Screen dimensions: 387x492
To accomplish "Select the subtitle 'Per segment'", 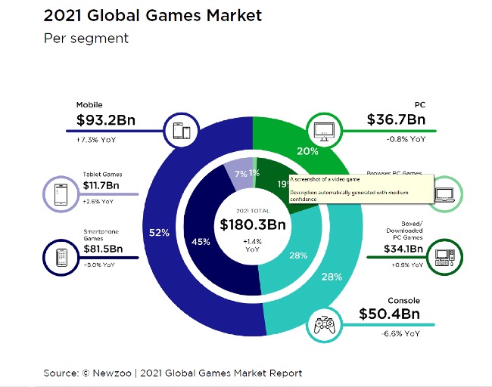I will point(86,39).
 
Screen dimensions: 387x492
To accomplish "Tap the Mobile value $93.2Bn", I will point(111,119).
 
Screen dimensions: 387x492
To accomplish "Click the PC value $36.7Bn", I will point(396,119).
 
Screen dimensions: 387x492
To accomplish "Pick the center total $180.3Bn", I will point(252,224).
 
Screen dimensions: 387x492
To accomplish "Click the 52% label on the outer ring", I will point(159,233).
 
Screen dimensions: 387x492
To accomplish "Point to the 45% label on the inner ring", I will point(201,242).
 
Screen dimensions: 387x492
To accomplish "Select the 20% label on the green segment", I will point(307,150).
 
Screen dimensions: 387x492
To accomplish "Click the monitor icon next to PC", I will point(323,131).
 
